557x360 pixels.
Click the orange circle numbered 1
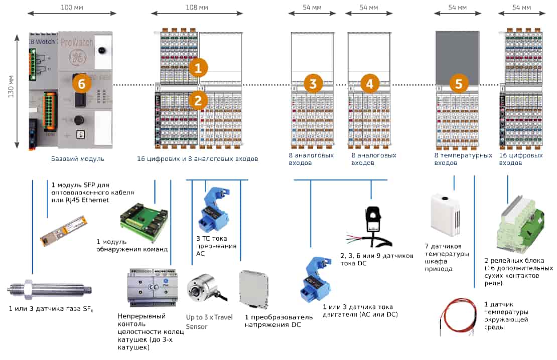pos(198,68)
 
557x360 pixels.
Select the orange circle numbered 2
pos(198,100)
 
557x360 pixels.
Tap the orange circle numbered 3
pos(313,84)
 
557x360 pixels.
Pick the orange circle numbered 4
pos(370,84)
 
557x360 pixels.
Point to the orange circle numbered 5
pos(459,84)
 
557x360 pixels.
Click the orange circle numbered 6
pos(82,84)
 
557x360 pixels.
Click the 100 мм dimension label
pos(72,7)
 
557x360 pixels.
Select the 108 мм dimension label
pos(197,7)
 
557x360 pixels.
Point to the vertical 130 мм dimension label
pos(11,87)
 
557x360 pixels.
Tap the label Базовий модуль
pos(77,159)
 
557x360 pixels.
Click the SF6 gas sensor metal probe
pos(50,290)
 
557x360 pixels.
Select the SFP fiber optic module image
pos(63,230)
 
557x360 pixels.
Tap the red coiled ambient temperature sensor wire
pos(458,316)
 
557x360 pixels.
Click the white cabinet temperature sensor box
pos(445,215)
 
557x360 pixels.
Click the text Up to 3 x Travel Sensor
pos(209,322)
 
